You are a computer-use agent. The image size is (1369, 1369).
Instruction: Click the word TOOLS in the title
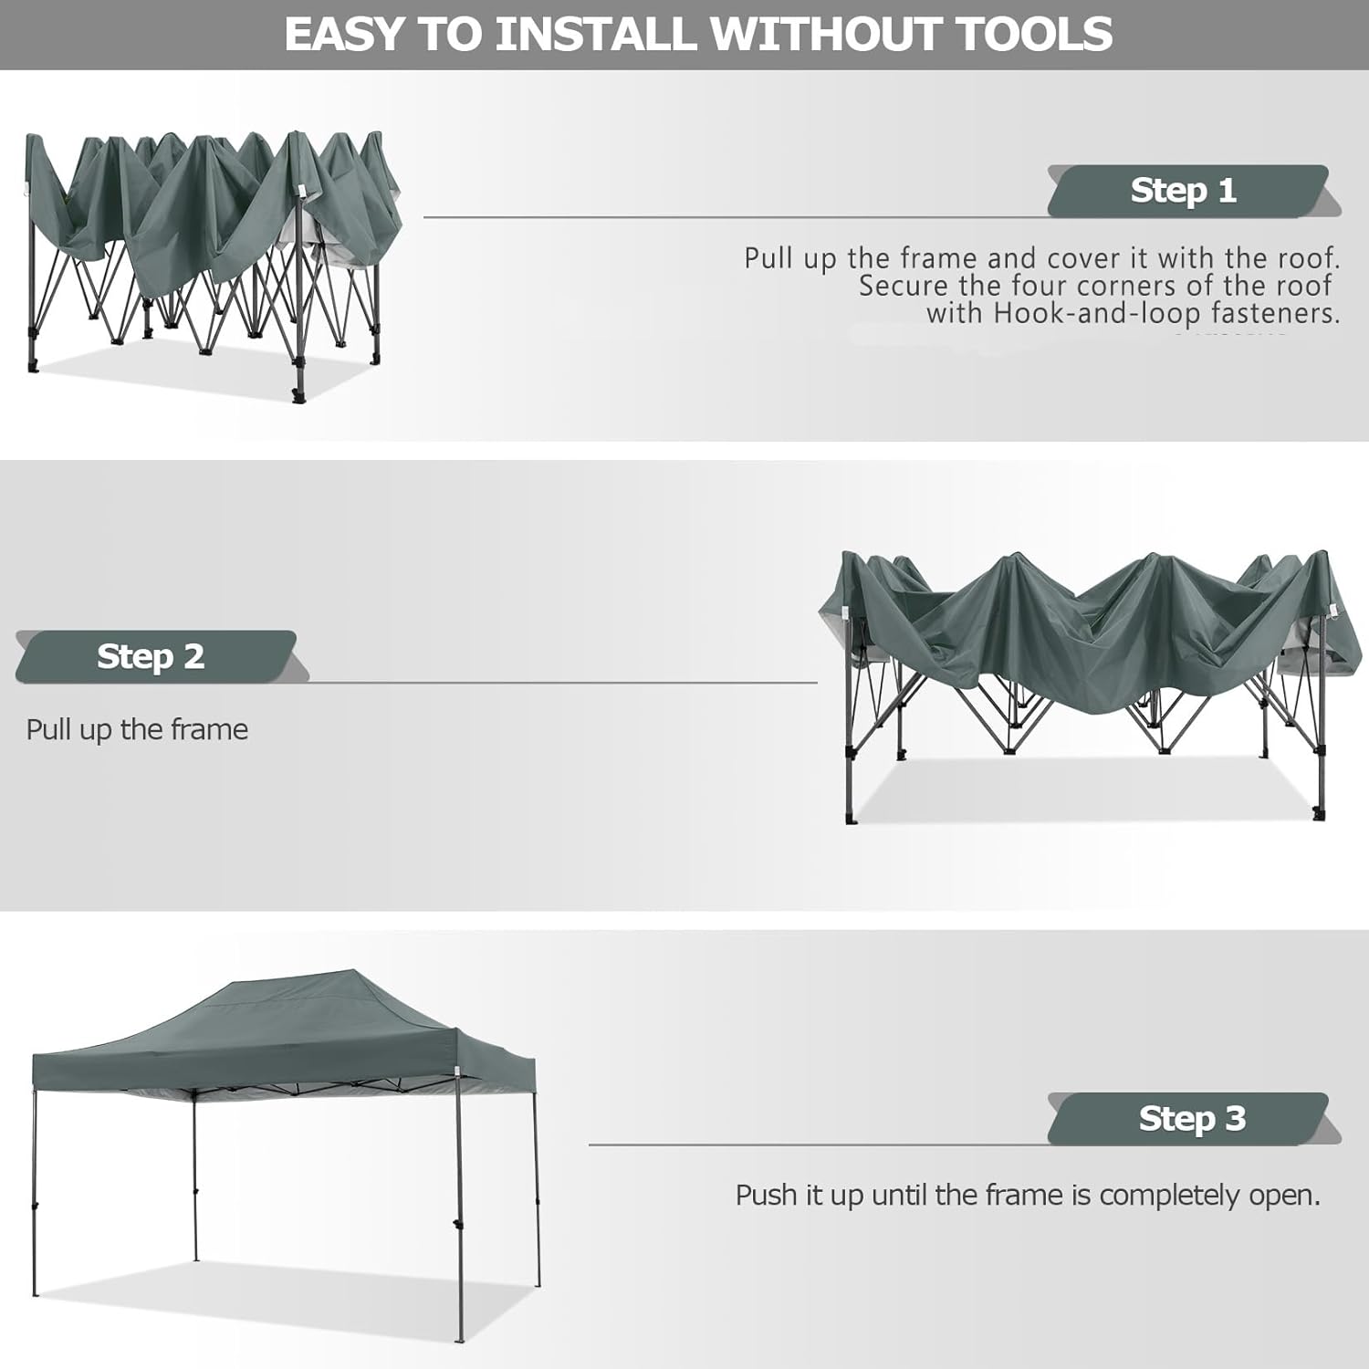(1034, 34)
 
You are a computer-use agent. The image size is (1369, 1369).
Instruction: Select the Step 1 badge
(1187, 191)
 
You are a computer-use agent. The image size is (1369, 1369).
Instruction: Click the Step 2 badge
(156, 656)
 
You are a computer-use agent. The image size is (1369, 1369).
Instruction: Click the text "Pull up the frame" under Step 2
(137, 730)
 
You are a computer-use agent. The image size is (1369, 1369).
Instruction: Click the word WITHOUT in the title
(827, 34)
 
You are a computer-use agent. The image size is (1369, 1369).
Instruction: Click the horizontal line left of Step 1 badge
(736, 217)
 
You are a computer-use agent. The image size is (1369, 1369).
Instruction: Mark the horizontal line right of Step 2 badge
(564, 683)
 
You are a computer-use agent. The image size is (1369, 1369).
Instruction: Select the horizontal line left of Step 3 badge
(819, 1144)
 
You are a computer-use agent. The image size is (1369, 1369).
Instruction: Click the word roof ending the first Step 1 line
(1308, 258)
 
